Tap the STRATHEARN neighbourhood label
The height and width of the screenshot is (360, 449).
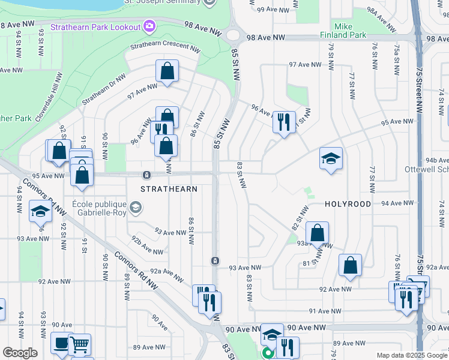coord(169,188)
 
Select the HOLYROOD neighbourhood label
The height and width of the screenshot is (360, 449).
coord(348,204)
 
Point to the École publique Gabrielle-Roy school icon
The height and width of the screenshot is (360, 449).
coord(136,208)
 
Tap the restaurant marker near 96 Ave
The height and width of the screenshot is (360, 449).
coord(283,122)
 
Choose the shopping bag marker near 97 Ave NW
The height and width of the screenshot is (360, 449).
coord(167,71)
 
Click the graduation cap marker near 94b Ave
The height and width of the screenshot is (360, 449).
coord(331,158)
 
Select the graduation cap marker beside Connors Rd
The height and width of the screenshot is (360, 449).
coord(40,211)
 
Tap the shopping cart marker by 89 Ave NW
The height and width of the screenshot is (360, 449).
coord(80,344)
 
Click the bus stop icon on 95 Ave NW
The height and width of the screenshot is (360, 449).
coord(146,175)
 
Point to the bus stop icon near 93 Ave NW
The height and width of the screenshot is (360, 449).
coord(215,260)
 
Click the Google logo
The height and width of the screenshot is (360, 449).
coord(20,353)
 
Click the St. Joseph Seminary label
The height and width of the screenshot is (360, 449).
coord(167,2)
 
